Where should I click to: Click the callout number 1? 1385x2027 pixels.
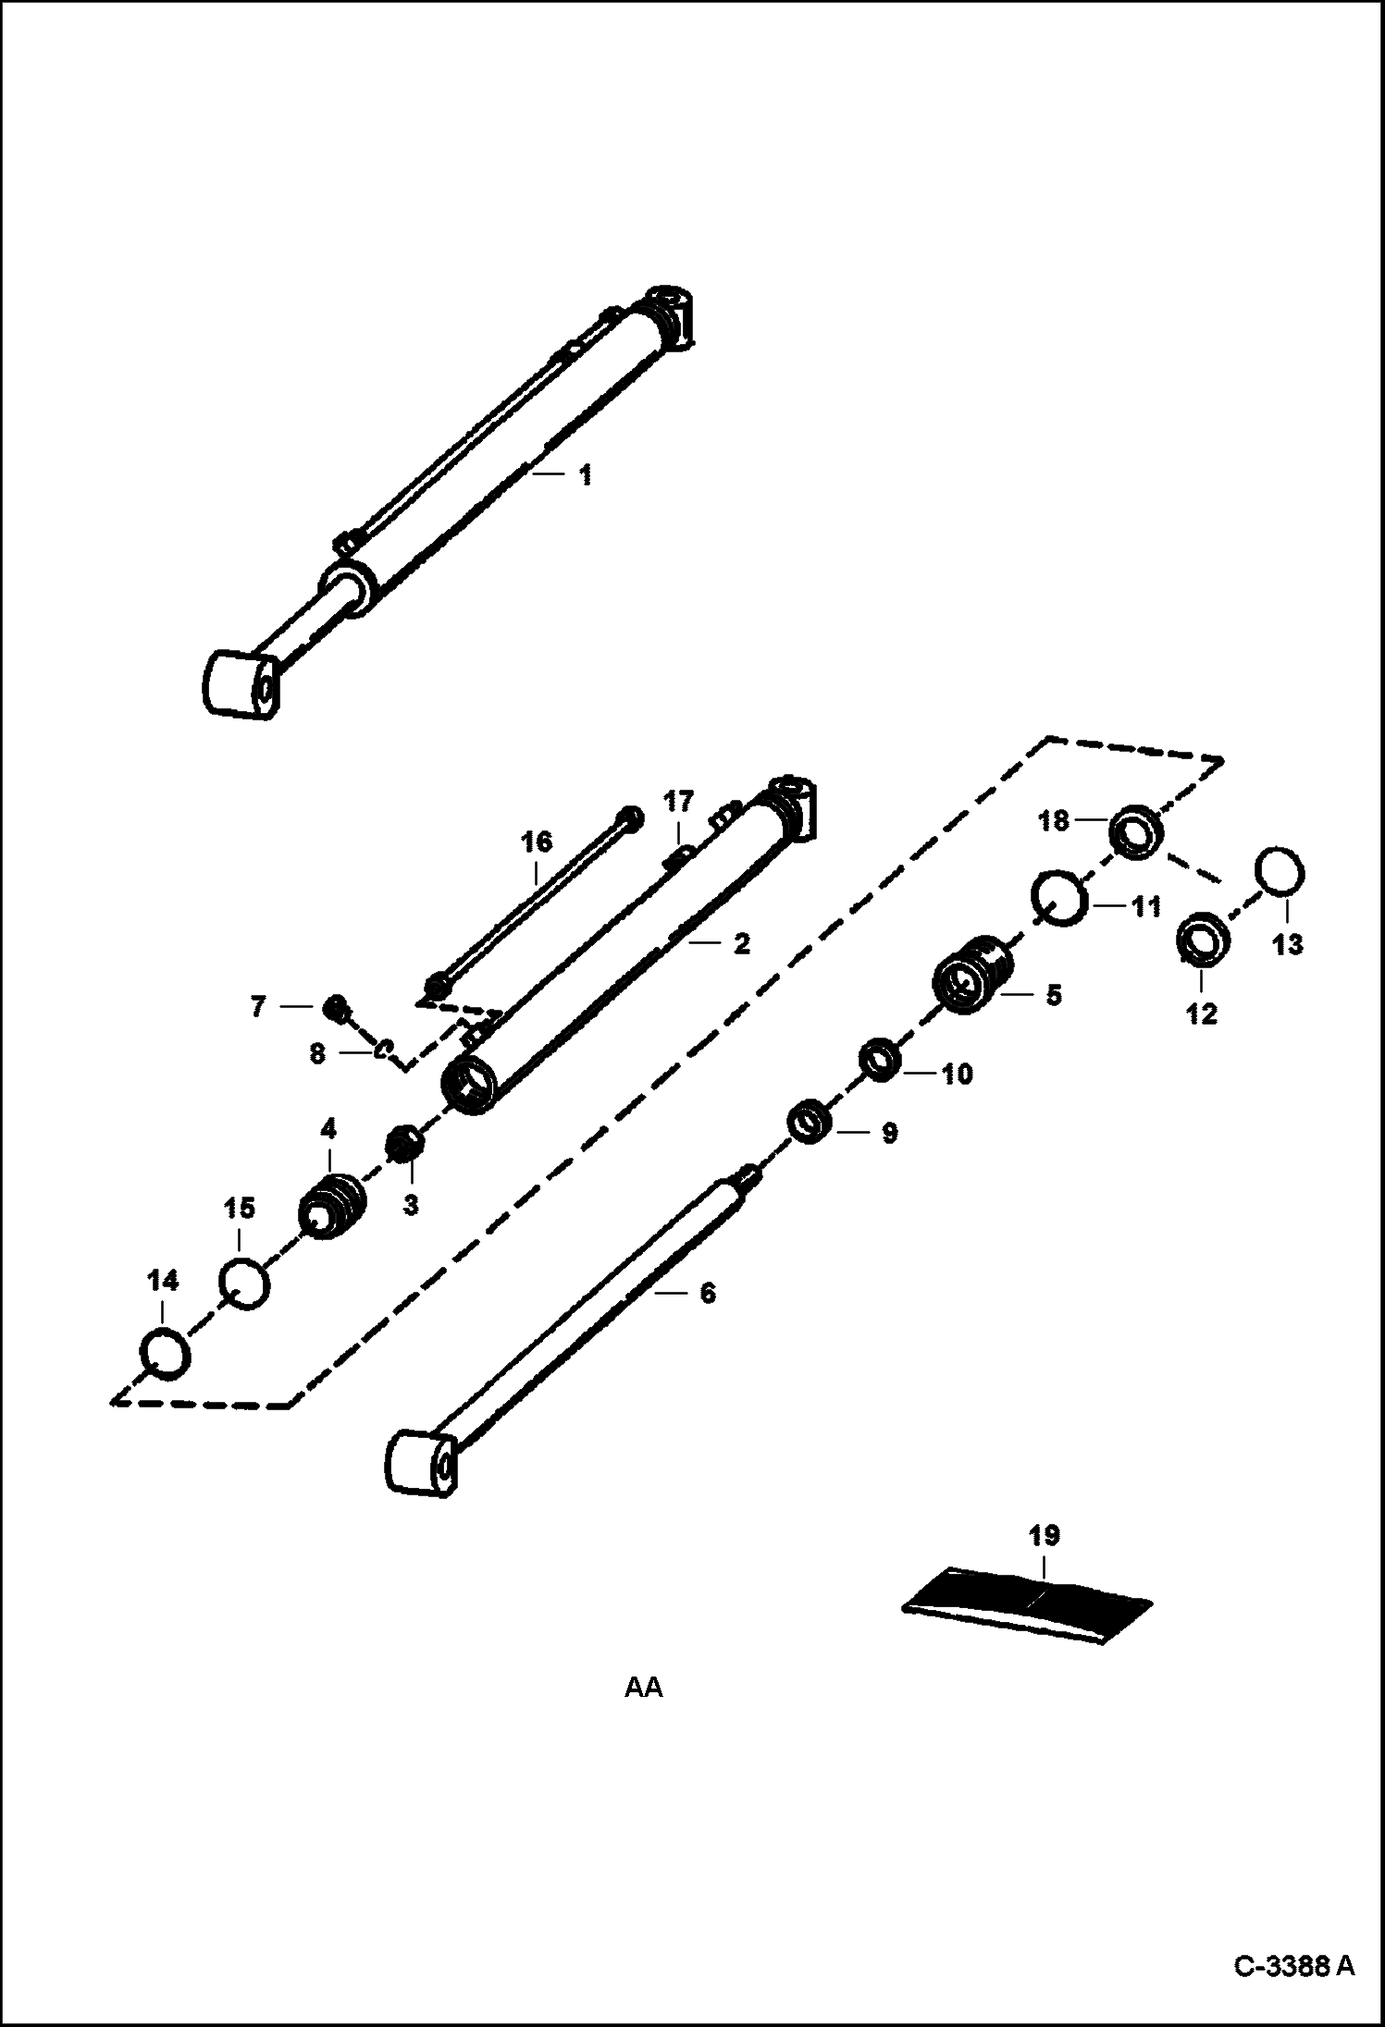[x=585, y=476]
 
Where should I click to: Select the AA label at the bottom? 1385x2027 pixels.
[x=644, y=1688]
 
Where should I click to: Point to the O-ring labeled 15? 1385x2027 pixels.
[x=244, y=1284]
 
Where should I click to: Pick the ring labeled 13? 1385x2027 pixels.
[x=1280, y=871]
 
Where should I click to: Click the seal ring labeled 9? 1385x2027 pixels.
[x=810, y=1122]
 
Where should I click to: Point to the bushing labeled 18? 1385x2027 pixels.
[x=1136, y=831]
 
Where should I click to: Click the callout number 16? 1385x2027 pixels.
[x=537, y=842]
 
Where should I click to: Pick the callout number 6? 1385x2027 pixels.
[x=708, y=1293]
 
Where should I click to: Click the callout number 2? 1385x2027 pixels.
[x=741, y=944]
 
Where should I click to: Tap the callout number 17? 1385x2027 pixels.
[x=678, y=801]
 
